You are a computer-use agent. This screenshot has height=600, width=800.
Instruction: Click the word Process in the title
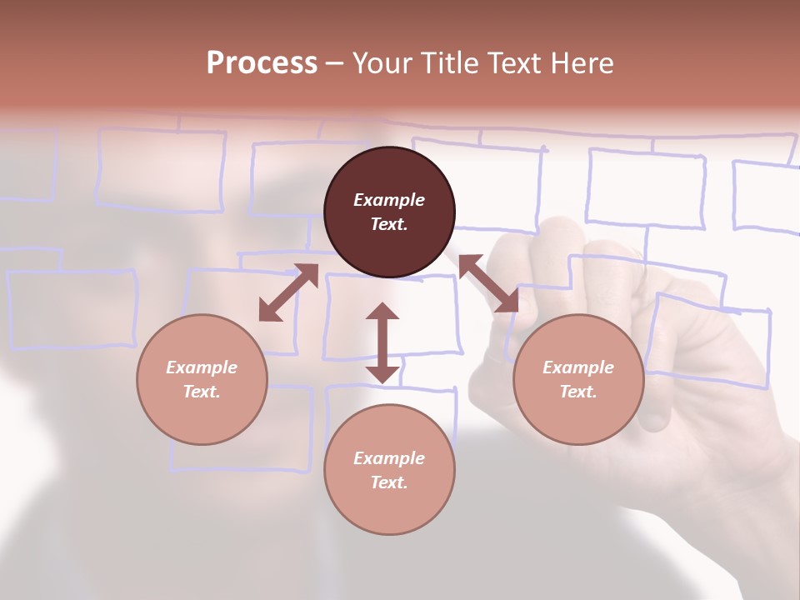(262, 63)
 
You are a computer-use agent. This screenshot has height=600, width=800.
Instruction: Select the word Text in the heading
(514, 63)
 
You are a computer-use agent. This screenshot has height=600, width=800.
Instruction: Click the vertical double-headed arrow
(382, 343)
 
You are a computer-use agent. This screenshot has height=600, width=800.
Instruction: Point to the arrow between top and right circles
(487, 283)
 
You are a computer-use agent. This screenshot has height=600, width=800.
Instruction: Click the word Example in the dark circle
(389, 200)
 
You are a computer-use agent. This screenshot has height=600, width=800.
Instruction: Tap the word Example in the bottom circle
(389, 458)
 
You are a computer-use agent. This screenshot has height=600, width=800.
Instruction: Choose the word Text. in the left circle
(202, 392)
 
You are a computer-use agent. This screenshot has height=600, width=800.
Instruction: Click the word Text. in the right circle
(578, 392)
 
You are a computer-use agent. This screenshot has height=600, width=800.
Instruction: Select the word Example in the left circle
(202, 367)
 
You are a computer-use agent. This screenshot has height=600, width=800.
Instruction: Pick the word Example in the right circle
(578, 367)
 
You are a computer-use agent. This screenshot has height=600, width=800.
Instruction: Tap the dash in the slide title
(334, 64)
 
